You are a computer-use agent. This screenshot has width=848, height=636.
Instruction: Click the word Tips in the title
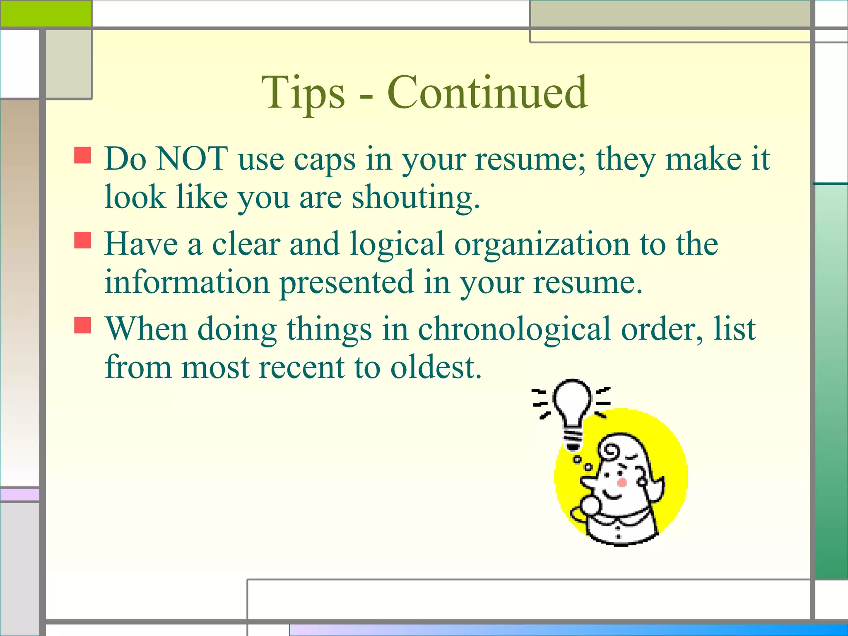click(303, 93)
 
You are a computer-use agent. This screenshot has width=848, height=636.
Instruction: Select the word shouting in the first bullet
click(415, 198)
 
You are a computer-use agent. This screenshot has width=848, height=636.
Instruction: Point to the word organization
click(542, 245)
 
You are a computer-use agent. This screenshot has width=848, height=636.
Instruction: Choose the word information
click(187, 282)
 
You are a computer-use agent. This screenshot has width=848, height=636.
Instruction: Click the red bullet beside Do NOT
click(82, 155)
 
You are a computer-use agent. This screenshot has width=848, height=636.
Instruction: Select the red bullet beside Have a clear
click(82, 240)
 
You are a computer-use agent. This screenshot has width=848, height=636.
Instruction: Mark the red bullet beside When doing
click(82, 325)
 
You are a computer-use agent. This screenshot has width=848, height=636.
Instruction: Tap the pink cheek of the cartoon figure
click(621, 482)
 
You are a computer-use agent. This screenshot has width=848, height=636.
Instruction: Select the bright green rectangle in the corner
click(46, 13)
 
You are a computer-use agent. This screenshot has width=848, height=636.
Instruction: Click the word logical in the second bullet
click(397, 245)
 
